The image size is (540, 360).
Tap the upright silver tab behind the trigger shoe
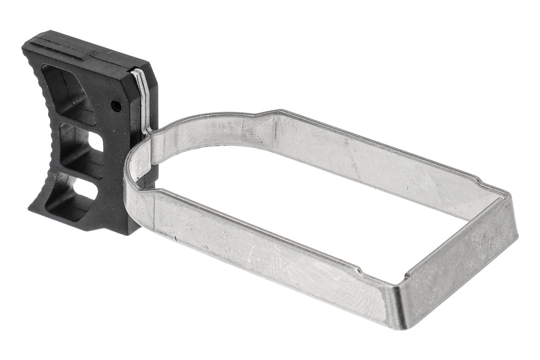click(x=141, y=97)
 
